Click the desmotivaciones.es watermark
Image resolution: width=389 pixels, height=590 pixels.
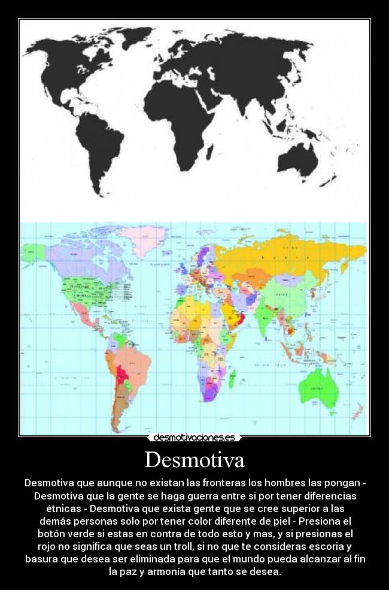(x=194, y=438)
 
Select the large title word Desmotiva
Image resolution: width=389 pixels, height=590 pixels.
(x=194, y=460)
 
